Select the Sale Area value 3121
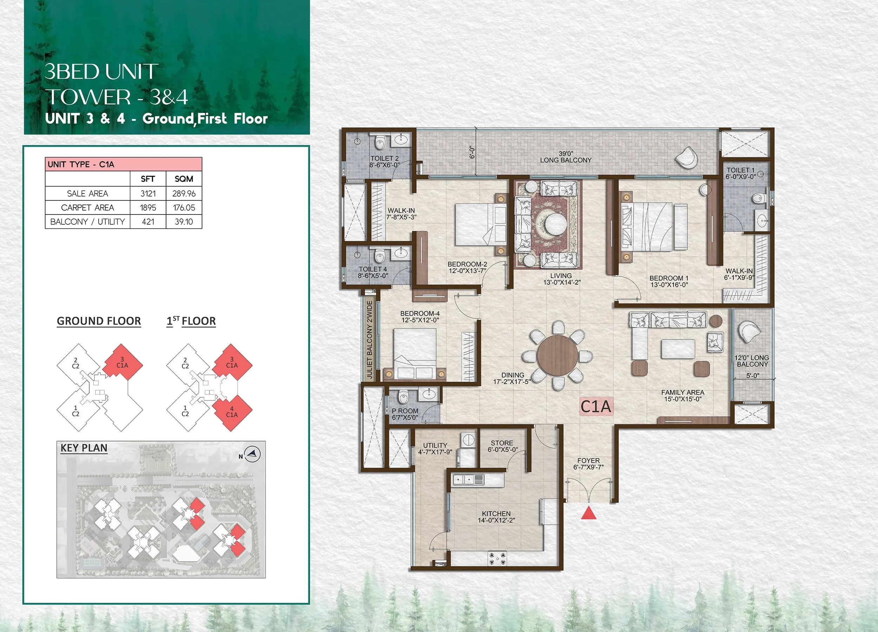[x=148, y=193]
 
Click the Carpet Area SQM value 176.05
[x=184, y=208]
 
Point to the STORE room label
[x=502, y=443]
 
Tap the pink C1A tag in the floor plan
[x=596, y=407]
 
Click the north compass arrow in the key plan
[x=254, y=453]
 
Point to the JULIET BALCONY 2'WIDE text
[x=369, y=340]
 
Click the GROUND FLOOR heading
[x=99, y=321]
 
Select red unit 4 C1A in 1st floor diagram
[x=232, y=413]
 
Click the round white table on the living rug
[x=556, y=223]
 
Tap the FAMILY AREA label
[x=682, y=393]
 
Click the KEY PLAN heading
[x=84, y=448]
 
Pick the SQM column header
[x=184, y=179]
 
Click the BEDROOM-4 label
[x=420, y=314]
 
